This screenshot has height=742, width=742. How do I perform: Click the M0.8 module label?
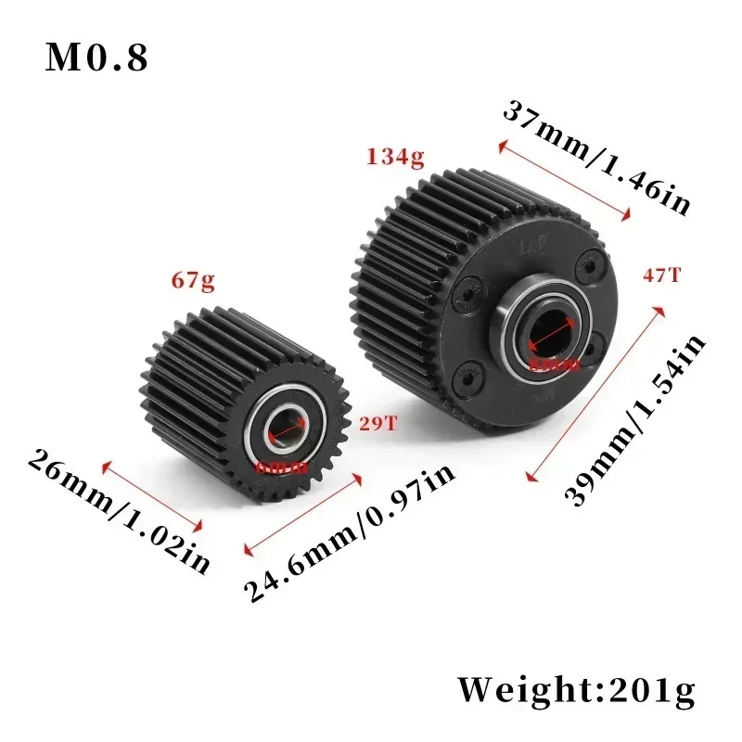[x=97, y=58]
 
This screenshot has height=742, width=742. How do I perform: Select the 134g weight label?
[x=396, y=157]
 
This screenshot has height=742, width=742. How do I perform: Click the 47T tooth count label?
[x=661, y=275]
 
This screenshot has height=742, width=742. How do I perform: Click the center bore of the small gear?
[x=286, y=431]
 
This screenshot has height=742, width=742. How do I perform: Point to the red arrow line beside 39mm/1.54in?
[x=595, y=394]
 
